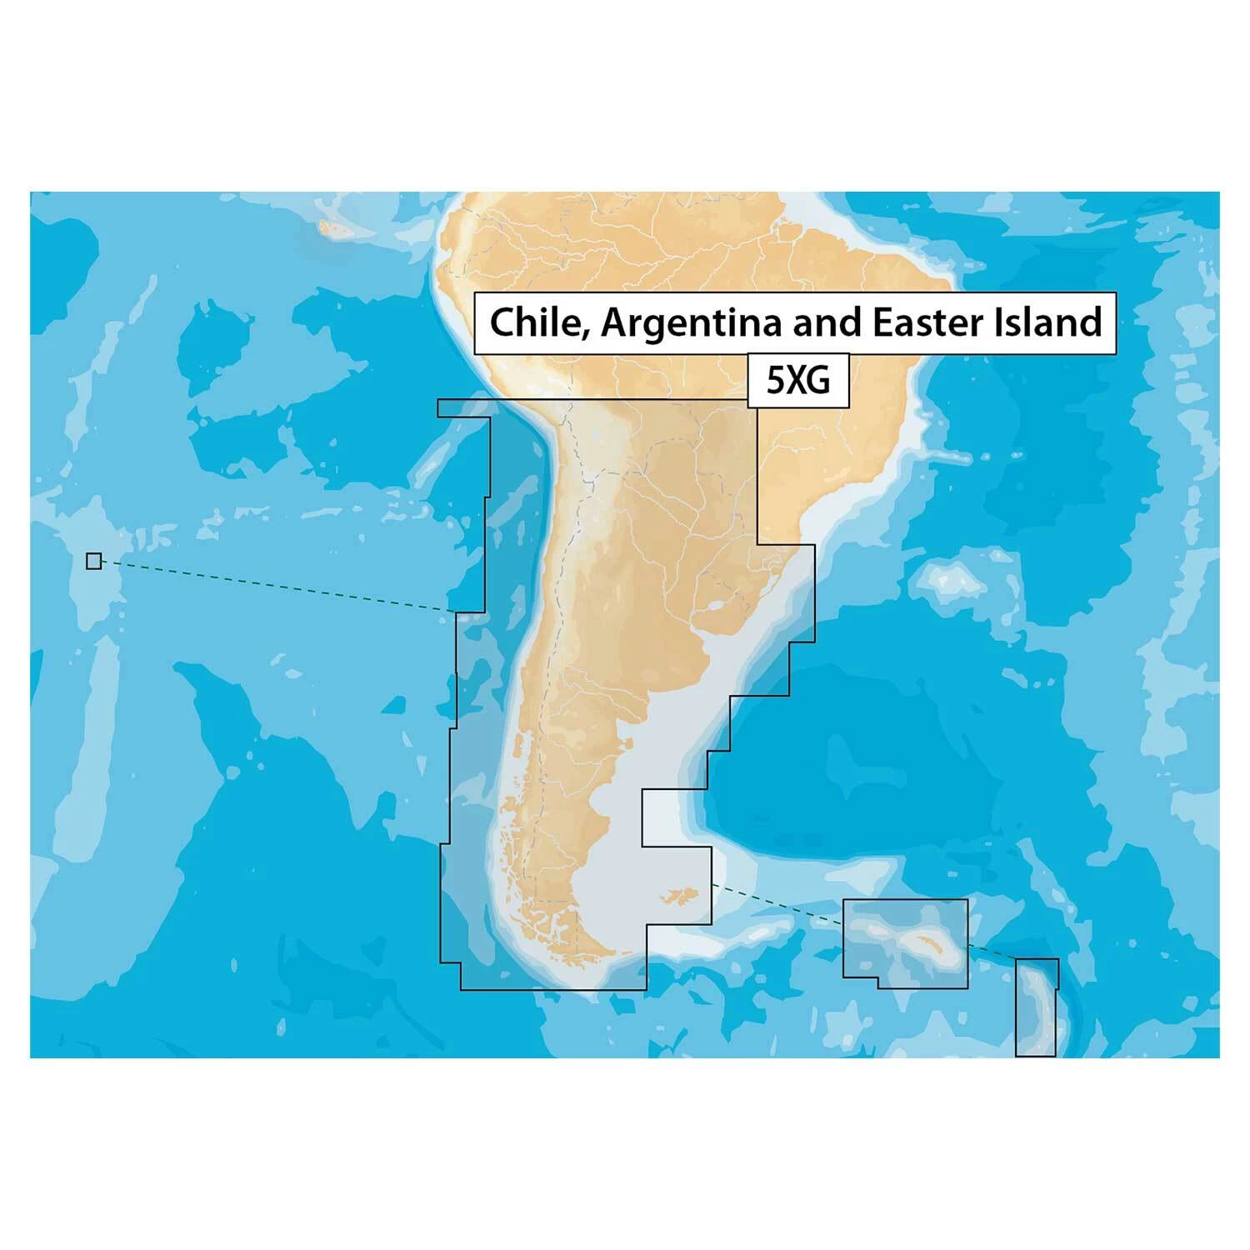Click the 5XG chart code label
point(797,381)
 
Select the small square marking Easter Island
point(94,561)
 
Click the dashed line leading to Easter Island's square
point(275,587)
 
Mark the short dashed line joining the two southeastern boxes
point(992,951)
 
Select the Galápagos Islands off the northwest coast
point(333,227)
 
